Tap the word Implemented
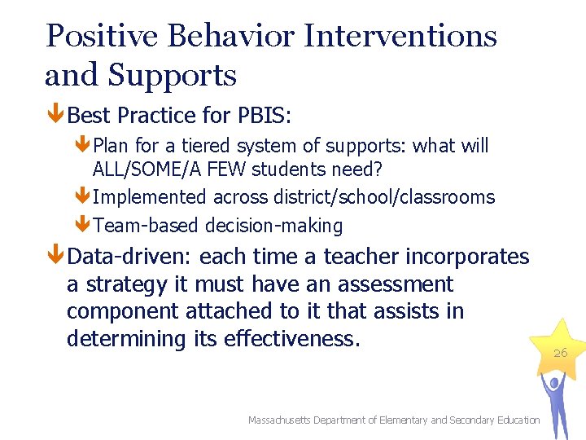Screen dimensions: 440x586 click(151, 197)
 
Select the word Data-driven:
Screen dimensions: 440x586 click(130, 257)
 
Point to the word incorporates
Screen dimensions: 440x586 click(467, 257)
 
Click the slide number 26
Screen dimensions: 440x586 click(560, 353)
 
